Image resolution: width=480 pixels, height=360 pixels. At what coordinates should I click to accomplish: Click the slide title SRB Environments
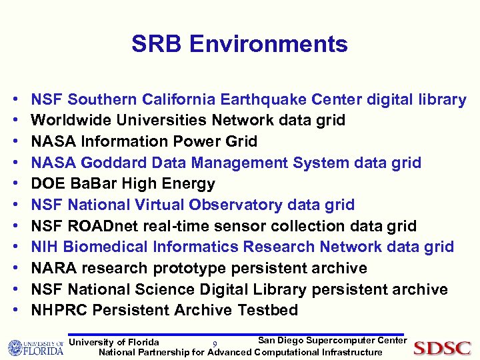point(239,44)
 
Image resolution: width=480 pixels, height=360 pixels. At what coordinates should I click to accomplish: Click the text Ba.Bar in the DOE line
point(91,184)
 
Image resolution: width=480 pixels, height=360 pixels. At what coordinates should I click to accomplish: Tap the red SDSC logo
point(442,348)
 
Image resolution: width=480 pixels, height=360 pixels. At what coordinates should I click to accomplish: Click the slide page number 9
point(214,345)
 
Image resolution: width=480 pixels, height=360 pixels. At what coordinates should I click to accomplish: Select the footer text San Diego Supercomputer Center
point(332,341)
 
